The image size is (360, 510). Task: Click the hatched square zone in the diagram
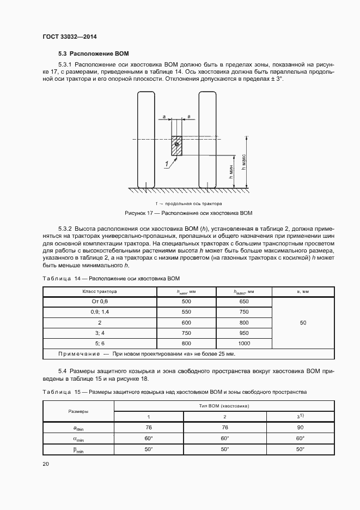(x=176, y=146)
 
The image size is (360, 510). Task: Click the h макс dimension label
(x=244, y=160)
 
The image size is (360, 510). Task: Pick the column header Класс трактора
(x=100, y=292)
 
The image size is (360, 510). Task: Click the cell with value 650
(x=243, y=302)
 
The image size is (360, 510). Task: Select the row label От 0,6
(x=100, y=302)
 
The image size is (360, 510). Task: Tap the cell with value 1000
(x=243, y=343)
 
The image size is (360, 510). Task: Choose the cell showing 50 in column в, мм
(x=303, y=322)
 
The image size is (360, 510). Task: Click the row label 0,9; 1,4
(x=100, y=312)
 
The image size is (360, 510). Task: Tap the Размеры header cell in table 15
(x=78, y=412)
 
